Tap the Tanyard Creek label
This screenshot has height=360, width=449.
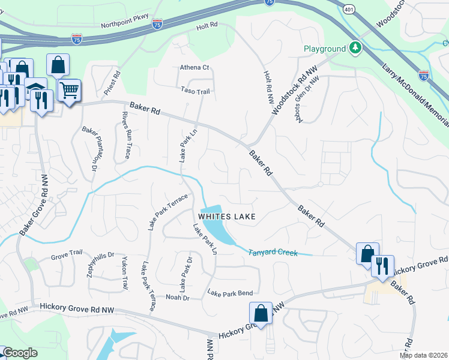pyautogui.click(x=273, y=253)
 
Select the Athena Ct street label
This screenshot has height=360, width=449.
pyautogui.click(x=194, y=68)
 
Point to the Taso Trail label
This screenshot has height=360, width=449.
pyautogui.click(x=195, y=91)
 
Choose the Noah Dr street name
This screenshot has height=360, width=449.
pyautogui.click(x=177, y=298)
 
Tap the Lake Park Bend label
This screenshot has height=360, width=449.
pyautogui.click(x=230, y=293)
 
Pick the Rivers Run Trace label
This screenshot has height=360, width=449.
pyautogui.click(x=127, y=135)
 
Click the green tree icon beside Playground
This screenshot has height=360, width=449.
pyautogui.click(x=355, y=48)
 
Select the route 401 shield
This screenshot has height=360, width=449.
pyautogui.click(x=349, y=9)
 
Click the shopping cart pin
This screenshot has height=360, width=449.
pyautogui.click(x=70, y=91)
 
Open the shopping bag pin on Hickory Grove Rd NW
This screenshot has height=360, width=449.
pyautogui.click(x=261, y=313)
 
